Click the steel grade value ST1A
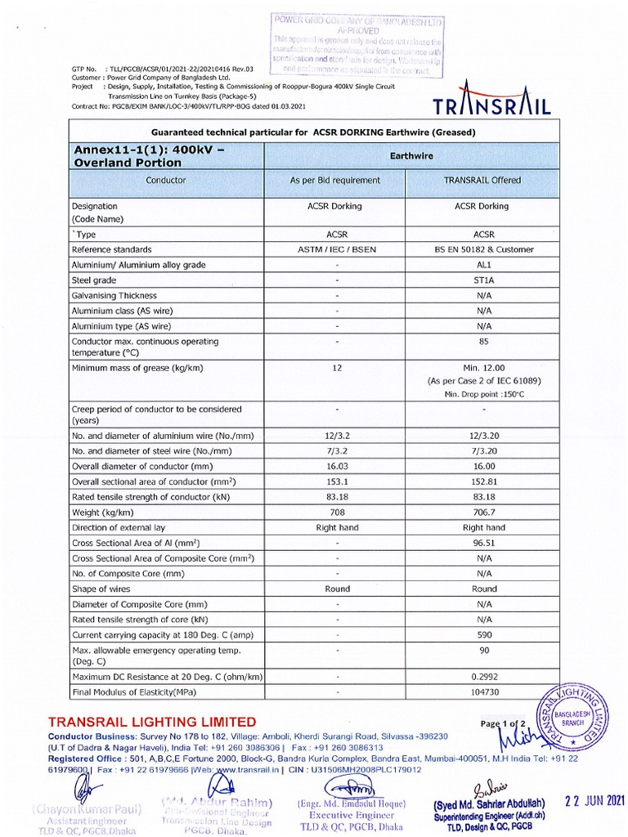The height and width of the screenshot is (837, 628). (484, 280)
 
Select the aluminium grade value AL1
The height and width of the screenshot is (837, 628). (484, 265)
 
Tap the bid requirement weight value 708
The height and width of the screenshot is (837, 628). (336, 512)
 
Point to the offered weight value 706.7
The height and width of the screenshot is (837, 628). (484, 512)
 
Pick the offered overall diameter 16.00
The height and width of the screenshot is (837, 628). (484, 466)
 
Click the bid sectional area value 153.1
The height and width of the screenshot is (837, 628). (336, 481)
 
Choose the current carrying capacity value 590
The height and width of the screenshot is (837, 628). (484, 634)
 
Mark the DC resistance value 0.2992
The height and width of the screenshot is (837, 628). (484, 677)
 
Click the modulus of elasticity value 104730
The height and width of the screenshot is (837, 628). (484, 692)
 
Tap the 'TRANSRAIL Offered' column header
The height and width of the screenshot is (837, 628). (482, 180)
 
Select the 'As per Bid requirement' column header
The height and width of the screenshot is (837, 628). (336, 180)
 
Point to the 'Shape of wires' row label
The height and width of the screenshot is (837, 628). (101, 589)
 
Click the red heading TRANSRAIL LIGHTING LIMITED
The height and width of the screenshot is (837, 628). (152, 722)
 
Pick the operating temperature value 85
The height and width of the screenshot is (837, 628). (484, 341)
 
